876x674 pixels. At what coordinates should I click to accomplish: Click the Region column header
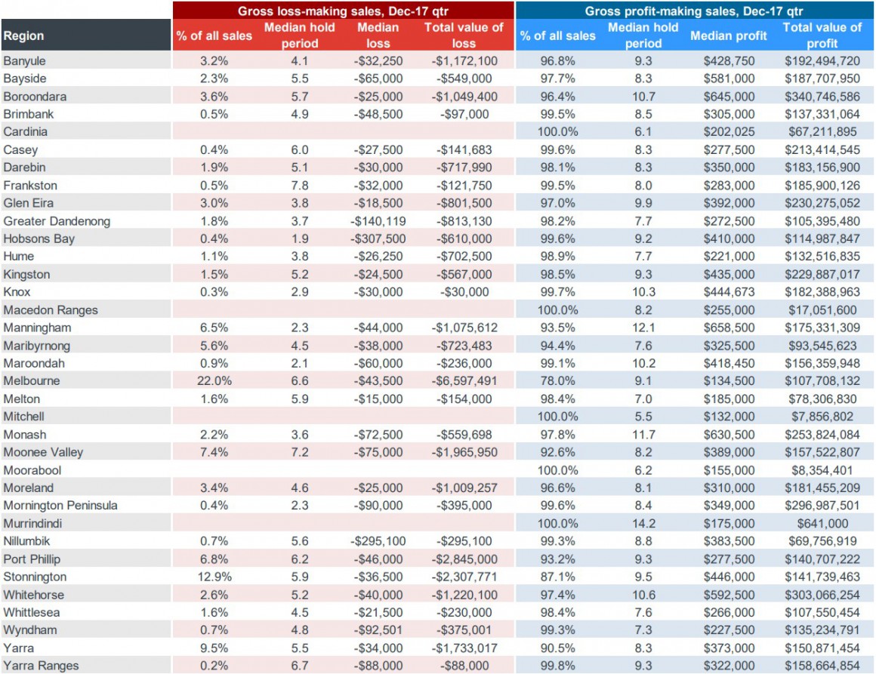click(x=24, y=35)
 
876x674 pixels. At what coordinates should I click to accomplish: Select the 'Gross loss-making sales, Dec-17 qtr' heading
click(x=343, y=11)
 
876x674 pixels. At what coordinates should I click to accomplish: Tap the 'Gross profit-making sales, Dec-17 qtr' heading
click(x=694, y=11)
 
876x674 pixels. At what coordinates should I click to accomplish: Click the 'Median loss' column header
click(x=378, y=35)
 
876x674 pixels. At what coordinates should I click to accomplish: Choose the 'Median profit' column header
click(x=729, y=35)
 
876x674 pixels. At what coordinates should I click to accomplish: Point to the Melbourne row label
click(x=31, y=381)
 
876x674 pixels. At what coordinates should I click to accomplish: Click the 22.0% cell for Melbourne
click(x=214, y=381)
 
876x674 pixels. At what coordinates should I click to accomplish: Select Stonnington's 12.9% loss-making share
click(x=214, y=577)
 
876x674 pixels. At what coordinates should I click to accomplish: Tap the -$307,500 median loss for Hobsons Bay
click(x=378, y=239)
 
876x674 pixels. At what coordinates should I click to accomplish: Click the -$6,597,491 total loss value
click(x=464, y=381)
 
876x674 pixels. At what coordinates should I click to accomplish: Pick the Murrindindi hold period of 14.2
click(x=643, y=524)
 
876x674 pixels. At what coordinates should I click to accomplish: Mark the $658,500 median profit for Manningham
click(x=729, y=328)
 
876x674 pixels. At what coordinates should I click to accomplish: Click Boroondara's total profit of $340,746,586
click(x=822, y=97)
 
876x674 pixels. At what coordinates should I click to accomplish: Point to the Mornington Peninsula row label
click(x=60, y=506)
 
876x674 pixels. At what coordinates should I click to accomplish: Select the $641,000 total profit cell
click(x=822, y=524)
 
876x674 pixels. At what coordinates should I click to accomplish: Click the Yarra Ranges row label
click(x=41, y=666)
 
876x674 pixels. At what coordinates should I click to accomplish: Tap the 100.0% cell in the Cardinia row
click(x=557, y=132)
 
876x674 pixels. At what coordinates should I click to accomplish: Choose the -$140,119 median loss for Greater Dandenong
click(x=378, y=221)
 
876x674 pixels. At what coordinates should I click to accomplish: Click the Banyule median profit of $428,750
click(x=729, y=61)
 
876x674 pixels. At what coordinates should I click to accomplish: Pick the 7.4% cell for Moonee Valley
click(x=214, y=452)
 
